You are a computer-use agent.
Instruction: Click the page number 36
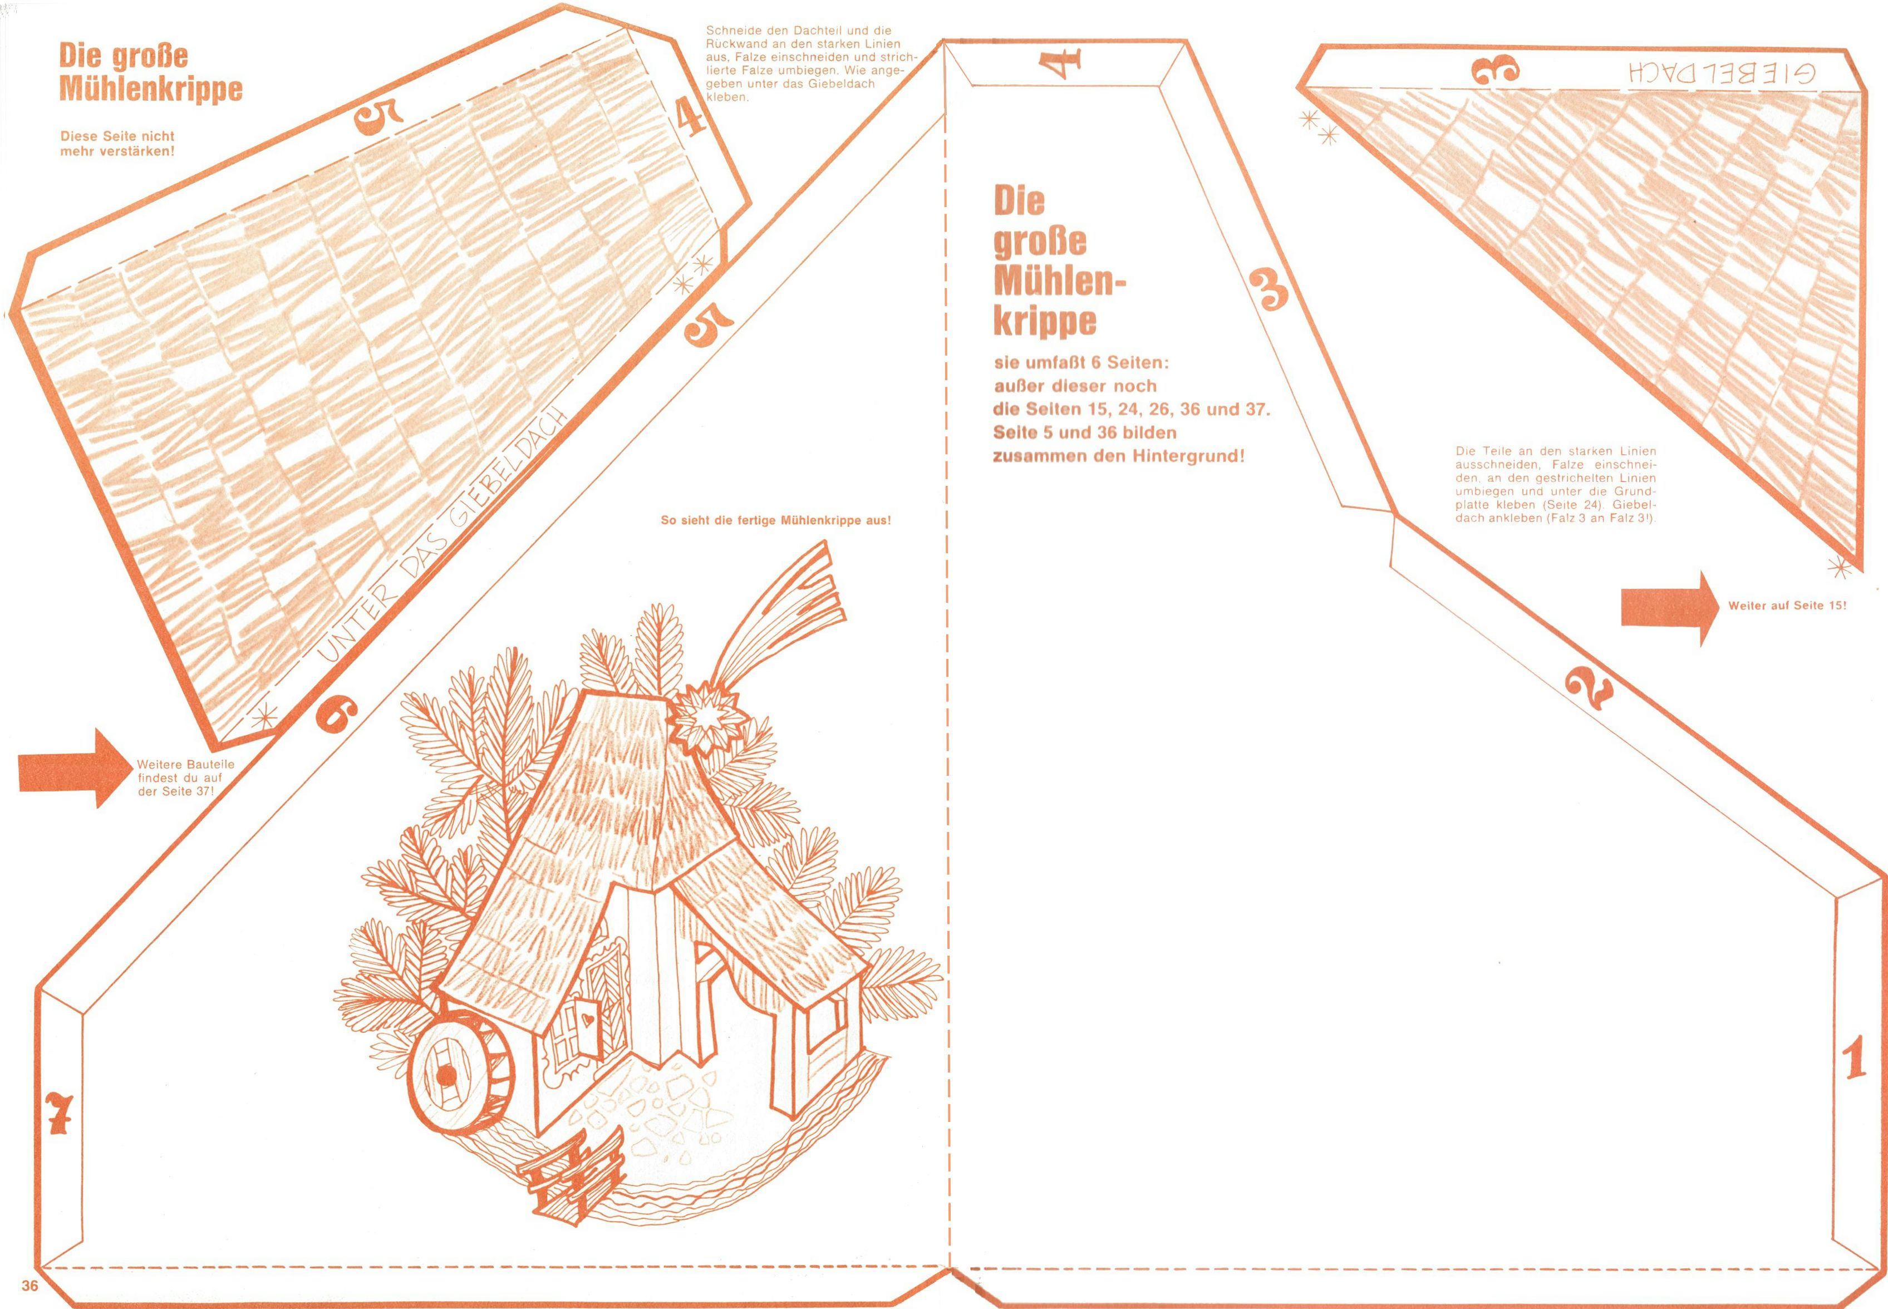pos(31,1285)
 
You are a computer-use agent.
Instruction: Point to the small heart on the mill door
pos(588,1017)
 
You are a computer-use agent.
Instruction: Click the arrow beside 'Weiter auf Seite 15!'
pos(1669,608)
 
